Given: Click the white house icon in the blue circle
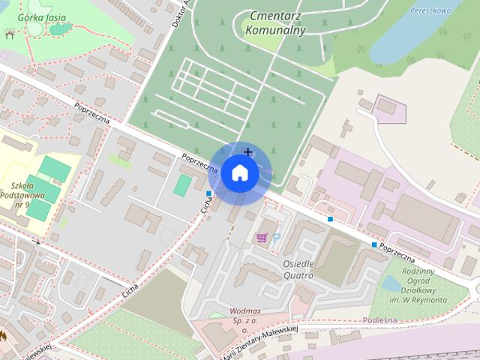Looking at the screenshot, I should (x=239, y=172).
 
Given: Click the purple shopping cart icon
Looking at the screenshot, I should (x=261, y=238).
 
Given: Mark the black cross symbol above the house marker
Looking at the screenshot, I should (x=247, y=152).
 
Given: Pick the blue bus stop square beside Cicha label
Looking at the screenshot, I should (x=208, y=194).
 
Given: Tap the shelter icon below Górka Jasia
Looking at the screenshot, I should (x=9, y=34).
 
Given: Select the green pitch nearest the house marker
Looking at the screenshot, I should (x=182, y=184).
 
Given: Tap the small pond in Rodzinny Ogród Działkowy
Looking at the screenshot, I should (x=390, y=283).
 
